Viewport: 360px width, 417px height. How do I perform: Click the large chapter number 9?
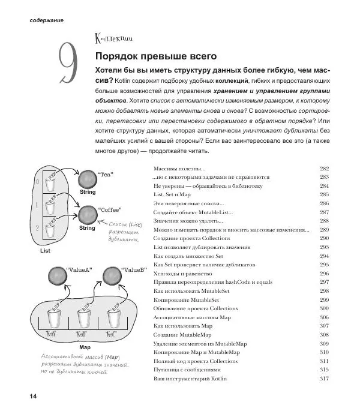click(x=68, y=63)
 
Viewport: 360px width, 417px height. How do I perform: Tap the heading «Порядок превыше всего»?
click(x=156, y=56)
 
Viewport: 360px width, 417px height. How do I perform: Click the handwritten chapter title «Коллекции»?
click(x=113, y=38)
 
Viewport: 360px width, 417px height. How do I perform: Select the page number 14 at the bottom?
click(x=33, y=396)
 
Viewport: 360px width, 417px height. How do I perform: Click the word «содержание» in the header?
click(x=47, y=20)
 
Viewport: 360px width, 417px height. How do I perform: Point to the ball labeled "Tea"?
click(x=88, y=179)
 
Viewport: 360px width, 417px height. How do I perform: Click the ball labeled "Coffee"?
click(x=88, y=215)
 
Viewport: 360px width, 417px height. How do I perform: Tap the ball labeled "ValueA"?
click(x=58, y=276)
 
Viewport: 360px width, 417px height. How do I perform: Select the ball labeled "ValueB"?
click(x=112, y=276)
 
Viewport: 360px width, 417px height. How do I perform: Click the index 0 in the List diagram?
click(x=37, y=182)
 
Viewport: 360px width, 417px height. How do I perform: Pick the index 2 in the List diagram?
click(x=37, y=228)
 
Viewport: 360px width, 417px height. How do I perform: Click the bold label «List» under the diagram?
click(x=45, y=251)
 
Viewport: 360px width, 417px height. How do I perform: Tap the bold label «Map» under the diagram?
click(x=85, y=347)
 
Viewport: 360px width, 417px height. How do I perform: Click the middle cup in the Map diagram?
click(x=84, y=319)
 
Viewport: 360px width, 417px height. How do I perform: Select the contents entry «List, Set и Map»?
click(x=172, y=194)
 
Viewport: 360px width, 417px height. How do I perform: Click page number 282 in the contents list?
click(x=325, y=169)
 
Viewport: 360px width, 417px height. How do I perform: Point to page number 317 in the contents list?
click(x=325, y=379)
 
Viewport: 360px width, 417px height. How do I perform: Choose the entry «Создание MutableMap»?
click(x=182, y=335)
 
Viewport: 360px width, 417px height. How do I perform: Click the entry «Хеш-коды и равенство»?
click(x=182, y=274)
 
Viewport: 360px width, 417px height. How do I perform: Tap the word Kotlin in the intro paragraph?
click(x=122, y=81)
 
